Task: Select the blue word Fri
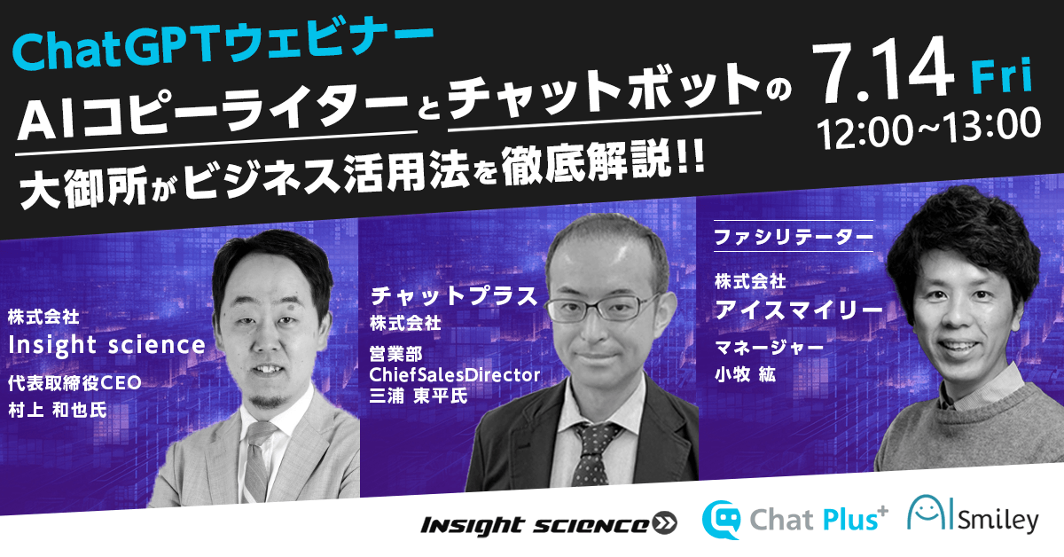coord(1001,79)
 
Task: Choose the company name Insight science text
coord(106,344)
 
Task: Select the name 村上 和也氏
coord(57,412)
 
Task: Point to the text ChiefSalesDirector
coord(455,374)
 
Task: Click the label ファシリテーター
coord(794,238)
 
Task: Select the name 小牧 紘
coord(745,374)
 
